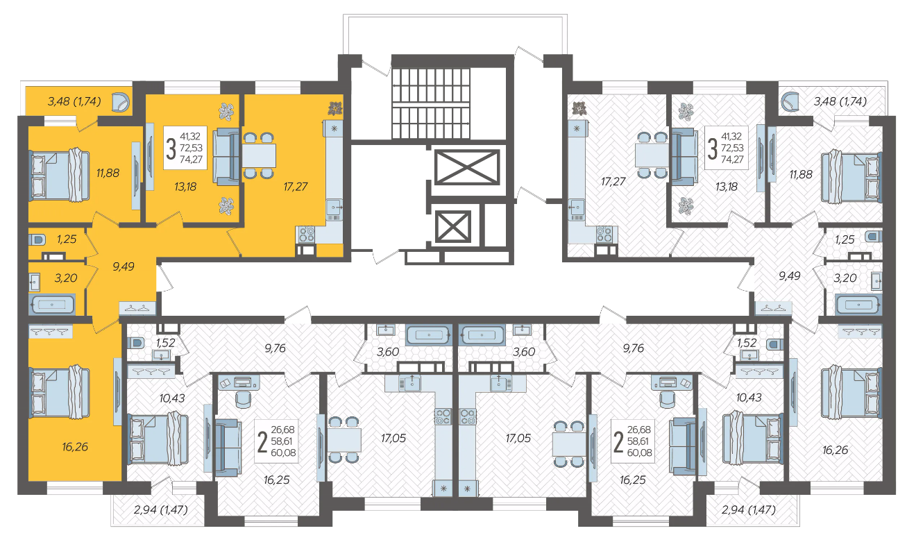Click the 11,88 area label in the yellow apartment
108,173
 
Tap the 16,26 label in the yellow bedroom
75,447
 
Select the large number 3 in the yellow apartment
171,149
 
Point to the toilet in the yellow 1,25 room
37,239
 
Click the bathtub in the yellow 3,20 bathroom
52,305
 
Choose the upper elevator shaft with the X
467,167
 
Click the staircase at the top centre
431,103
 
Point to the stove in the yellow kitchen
307,234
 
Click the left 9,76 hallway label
275,348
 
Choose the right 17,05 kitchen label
518,438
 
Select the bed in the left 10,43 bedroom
158,438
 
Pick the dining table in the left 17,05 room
344,440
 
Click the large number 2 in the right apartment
618,441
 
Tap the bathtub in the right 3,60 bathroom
482,335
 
